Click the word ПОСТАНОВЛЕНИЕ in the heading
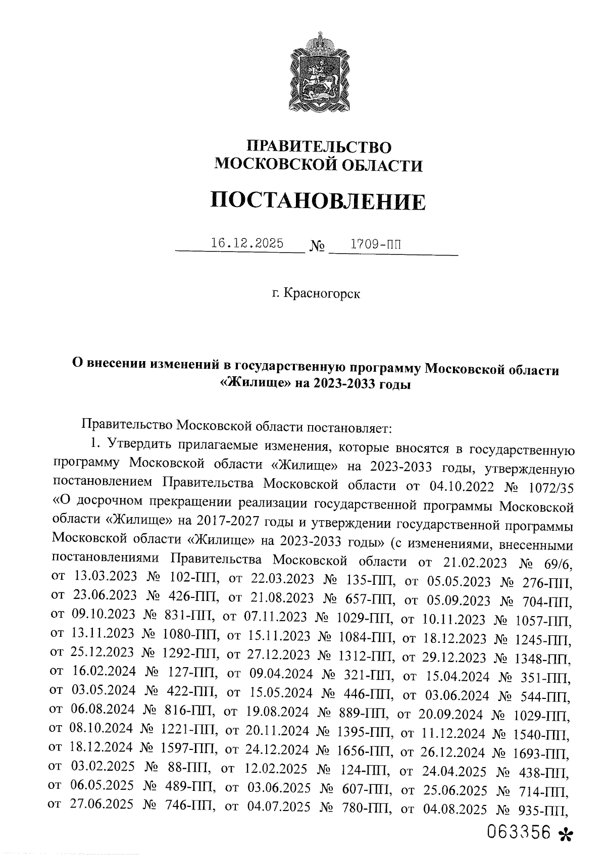[x=318, y=201]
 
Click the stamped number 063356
[x=518, y=833]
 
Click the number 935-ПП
[x=545, y=812]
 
